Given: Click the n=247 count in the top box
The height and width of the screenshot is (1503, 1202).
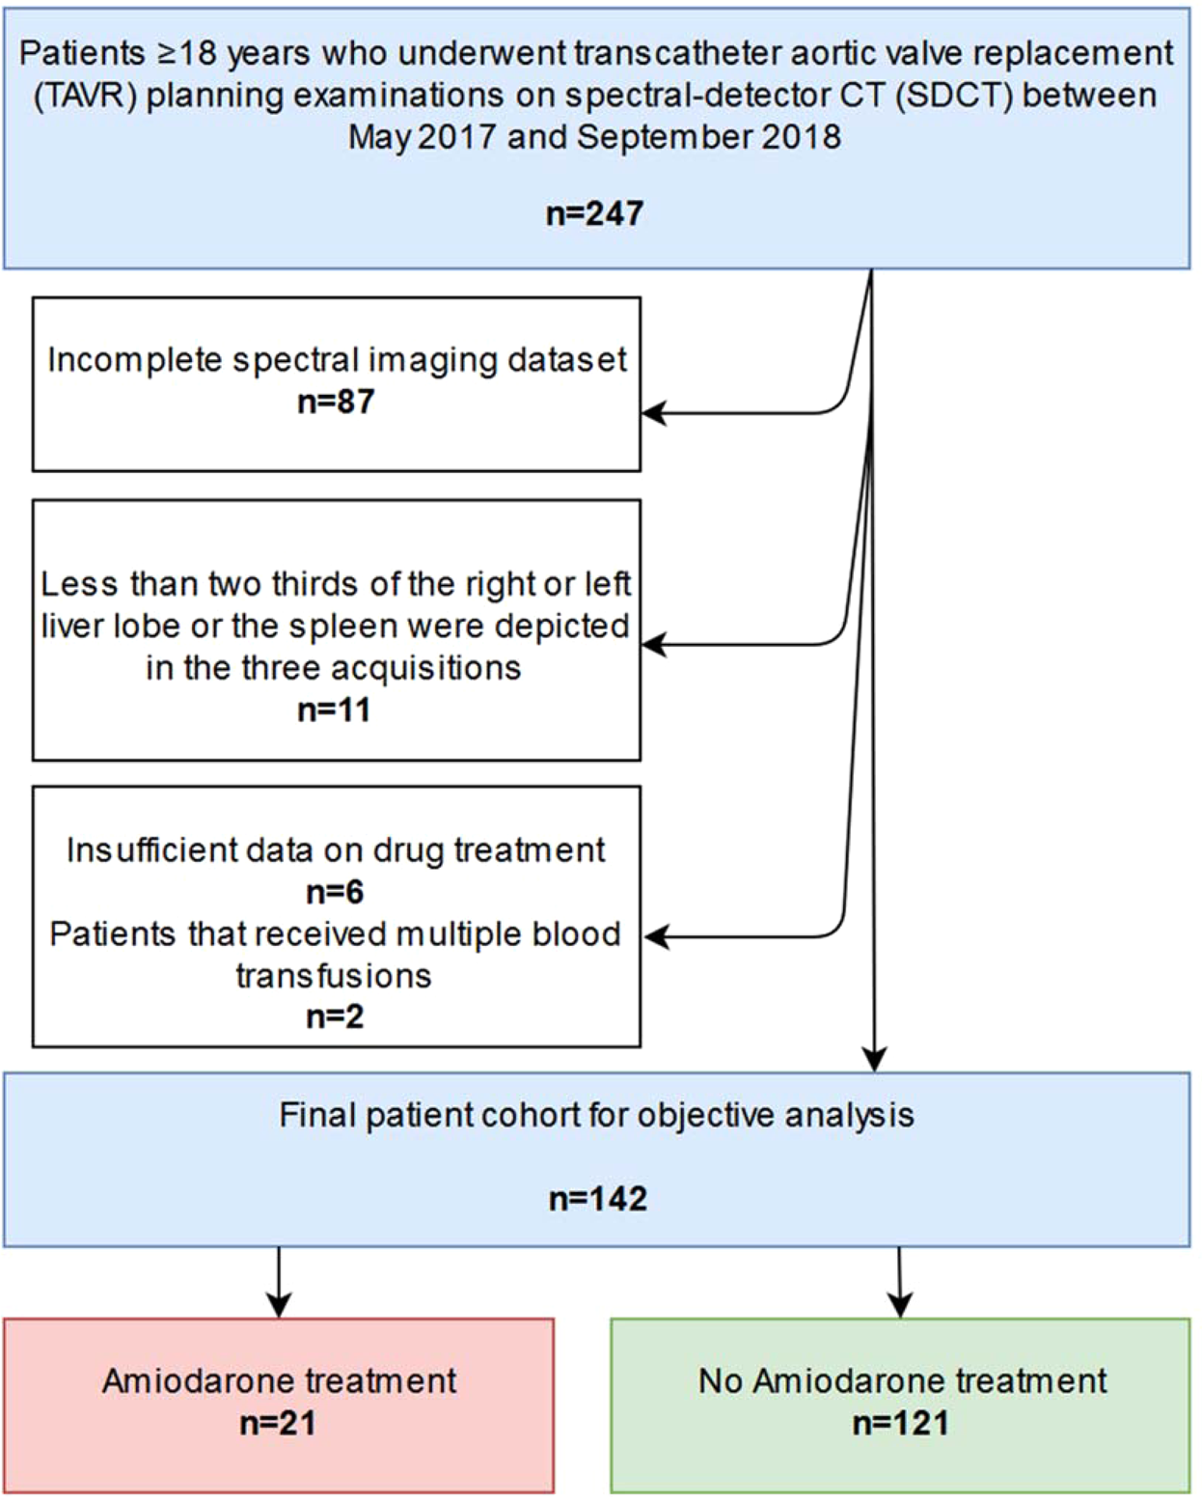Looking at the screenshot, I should pyautogui.click(x=594, y=213).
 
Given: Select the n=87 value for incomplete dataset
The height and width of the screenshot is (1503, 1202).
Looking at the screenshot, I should pyautogui.click(x=336, y=402).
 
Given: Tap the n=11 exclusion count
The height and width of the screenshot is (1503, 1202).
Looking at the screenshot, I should pyautogui.click(x=334, y=710).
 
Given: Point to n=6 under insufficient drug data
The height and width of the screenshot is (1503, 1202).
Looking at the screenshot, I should pyautogui.click(x=335, y=892).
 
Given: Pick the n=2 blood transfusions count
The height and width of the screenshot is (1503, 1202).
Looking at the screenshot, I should pyautogui.click(x=335, y=1017).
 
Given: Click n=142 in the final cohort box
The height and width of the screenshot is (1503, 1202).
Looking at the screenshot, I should pyautogui.click(x=597, y=1199).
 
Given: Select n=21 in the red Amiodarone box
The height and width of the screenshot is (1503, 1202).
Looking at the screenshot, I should pyautogui.click(x=278, y=1424).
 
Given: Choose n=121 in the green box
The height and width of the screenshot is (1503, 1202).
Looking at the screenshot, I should pyautogui.click(x=900, y=1424).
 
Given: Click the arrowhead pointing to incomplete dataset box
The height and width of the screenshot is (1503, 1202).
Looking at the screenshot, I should pyautogui.click(x=654, y=413).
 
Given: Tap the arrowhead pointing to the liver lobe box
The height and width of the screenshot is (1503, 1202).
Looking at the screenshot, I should pyautogui.click(x=654, y=645).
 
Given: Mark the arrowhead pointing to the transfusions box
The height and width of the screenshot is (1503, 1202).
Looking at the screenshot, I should pyautogui.click(x=656, y=936).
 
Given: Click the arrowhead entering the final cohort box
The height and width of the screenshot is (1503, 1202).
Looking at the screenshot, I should pyautogui.click(x=874, y=1059).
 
